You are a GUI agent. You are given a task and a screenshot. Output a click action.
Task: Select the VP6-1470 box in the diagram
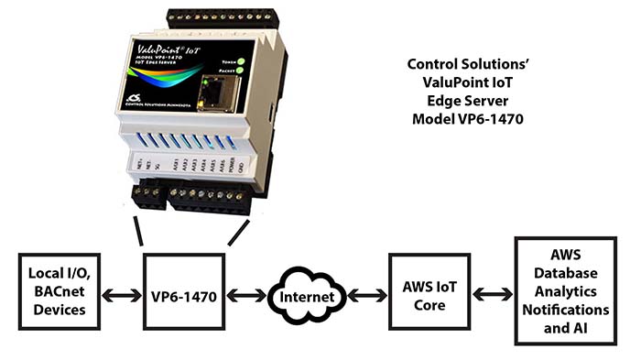click(184, 297)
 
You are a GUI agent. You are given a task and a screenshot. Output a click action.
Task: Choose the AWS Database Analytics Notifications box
click(569, 291)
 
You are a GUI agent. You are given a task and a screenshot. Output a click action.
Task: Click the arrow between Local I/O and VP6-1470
click(122, 297)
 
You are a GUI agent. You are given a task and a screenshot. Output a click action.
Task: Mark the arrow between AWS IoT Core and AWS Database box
click(490, 295)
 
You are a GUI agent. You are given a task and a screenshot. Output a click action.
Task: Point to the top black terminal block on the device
click(221, 17)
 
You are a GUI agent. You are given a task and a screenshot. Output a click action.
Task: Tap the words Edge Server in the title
click(470, 101)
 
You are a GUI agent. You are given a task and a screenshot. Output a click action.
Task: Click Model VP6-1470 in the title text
click(470, 119)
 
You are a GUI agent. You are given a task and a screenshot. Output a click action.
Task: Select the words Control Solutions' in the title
click(470, 65)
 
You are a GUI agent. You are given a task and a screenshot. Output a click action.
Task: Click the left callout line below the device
click(138, 231)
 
